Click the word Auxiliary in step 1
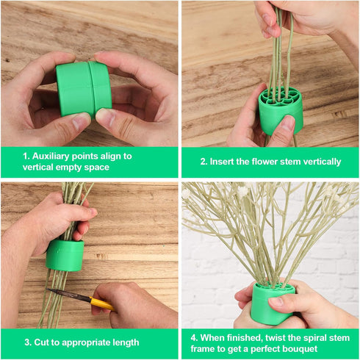point(51,156)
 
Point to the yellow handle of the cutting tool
point(101,304)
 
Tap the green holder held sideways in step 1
point(84,88)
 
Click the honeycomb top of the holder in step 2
point(281,97)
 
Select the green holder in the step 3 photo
point(65,255)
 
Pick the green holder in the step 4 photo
point(272,303)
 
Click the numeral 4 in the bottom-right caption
point(194,338)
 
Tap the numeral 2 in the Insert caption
point(204,162)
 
